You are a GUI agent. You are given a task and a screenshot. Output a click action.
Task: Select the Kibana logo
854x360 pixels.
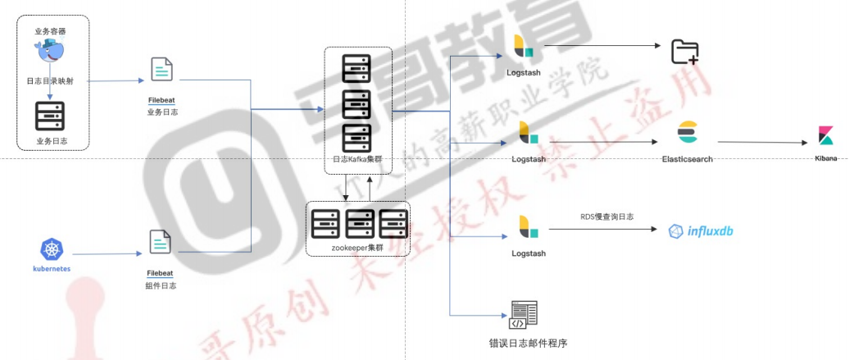pos(825,136)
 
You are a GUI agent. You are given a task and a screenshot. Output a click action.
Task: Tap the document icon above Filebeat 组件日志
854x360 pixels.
pos(161,243)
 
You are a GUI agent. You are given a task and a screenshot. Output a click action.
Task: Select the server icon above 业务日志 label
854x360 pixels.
pos(50,116)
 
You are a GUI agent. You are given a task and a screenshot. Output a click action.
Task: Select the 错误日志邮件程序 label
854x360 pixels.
pos(523,343)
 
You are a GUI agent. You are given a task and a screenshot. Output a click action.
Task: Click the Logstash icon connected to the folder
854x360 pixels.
pos(523,47)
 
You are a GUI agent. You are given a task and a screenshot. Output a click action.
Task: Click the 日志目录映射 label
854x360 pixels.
pos(51,81)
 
